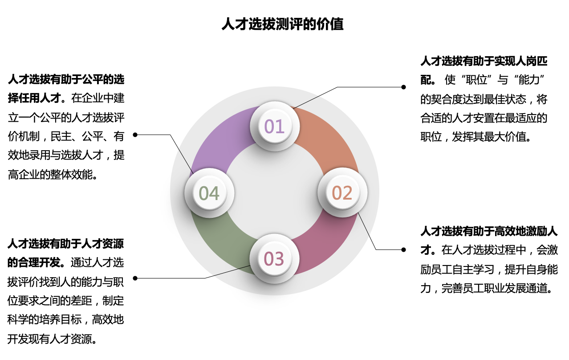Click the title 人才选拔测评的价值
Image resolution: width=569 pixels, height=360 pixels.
(282, 24)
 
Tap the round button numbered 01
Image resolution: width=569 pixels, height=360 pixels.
(275, 126)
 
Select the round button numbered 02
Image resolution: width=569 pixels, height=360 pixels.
(342, 192)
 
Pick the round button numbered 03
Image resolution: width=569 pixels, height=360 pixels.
(274, 259)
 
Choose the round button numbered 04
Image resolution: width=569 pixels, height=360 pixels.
(209, 193)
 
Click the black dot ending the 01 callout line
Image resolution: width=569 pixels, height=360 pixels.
(403, 87)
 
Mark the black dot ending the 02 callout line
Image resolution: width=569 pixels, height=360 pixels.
(403, 250)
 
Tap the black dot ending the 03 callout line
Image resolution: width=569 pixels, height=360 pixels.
(135, 278)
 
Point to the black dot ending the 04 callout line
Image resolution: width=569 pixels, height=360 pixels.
(135, 135)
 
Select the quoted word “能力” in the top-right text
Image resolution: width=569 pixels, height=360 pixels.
(529, 80)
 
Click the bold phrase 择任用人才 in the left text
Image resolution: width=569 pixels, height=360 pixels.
(34, 98)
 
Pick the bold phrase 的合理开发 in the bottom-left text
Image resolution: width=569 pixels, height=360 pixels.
(33, 262)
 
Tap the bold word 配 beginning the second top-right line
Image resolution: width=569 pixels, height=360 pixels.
(426, 80)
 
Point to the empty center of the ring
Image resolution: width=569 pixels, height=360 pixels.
(274, 192)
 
